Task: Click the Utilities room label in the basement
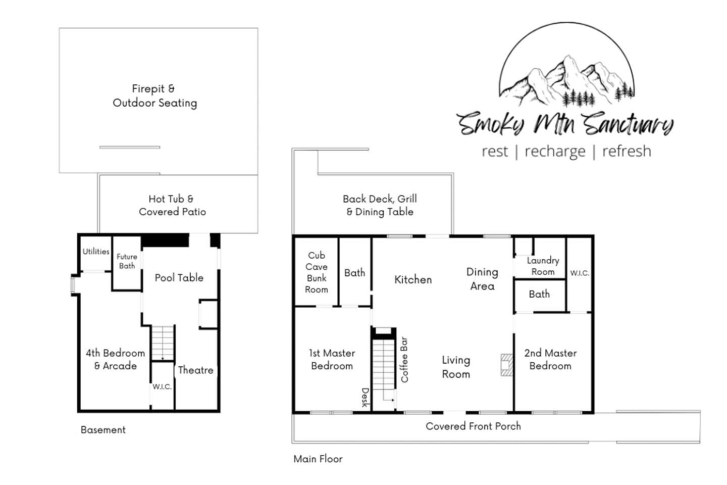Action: click(96, 252)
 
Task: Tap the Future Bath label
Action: click(127, 261)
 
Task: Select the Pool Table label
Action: click(179, 278)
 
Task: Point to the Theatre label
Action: click(195, 370)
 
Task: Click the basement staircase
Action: click(163, 343)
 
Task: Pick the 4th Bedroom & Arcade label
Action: click(116, 359)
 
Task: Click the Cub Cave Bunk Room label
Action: click(317, 272)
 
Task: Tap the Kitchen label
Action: click(413, 280)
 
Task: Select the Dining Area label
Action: click(482, 279)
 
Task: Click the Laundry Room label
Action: click(543, 266)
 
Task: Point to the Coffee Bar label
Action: click(404, 360)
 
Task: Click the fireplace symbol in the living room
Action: click(507, 365)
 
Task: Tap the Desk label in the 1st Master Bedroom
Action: click(365, 397)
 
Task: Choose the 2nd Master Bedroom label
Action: click(550, 359)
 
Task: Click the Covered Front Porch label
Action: click(473, 426)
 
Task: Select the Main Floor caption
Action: click(318, 459)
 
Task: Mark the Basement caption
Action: click(103, 430)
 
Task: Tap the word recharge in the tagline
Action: click(555, 152)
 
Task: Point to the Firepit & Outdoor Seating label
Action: click(155, 96)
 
